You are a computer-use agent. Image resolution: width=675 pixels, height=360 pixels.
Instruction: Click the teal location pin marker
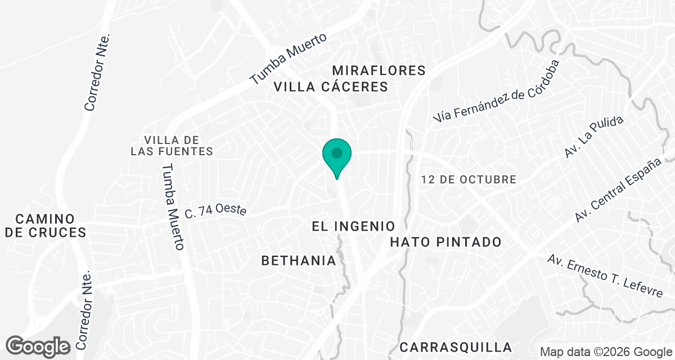(x=337, y=156)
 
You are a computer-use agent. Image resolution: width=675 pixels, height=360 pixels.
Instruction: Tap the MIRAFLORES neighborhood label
(x=379, y=70)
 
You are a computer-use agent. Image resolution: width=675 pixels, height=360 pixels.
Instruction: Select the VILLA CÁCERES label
(x=331, y=87)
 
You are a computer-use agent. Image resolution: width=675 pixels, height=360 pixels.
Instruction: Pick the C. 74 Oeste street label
(x=216, y=211)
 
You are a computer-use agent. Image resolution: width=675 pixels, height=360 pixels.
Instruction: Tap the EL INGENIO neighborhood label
(x=354, y=227)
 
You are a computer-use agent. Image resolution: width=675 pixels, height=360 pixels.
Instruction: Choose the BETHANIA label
(x=299, y=260)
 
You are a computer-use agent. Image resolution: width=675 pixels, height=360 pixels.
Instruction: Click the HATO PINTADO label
(x=445, y=242)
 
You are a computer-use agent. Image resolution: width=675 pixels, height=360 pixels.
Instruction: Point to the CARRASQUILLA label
(x=456, y=346)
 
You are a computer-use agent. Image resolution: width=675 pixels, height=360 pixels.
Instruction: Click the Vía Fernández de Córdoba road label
(x=497, y=91)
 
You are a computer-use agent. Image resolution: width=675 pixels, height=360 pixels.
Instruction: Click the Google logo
(x=38, y=346)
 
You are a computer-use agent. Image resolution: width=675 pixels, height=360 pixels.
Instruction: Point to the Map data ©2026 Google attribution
(x=606, y=352)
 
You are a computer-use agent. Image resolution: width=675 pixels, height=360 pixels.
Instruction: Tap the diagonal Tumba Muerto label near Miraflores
(x=288, y=58)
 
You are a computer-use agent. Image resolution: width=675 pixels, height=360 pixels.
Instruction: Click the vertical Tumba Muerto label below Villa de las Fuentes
(x=173, y=206)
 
